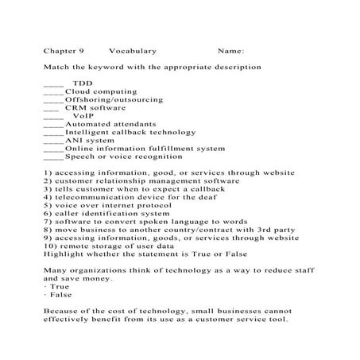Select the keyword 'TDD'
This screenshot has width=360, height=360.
[82, 83]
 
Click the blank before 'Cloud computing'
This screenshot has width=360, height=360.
[53, 92]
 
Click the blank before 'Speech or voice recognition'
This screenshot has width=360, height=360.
[53, 157]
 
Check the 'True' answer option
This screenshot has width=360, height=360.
[58, 287]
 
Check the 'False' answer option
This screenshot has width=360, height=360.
[60, 295]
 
